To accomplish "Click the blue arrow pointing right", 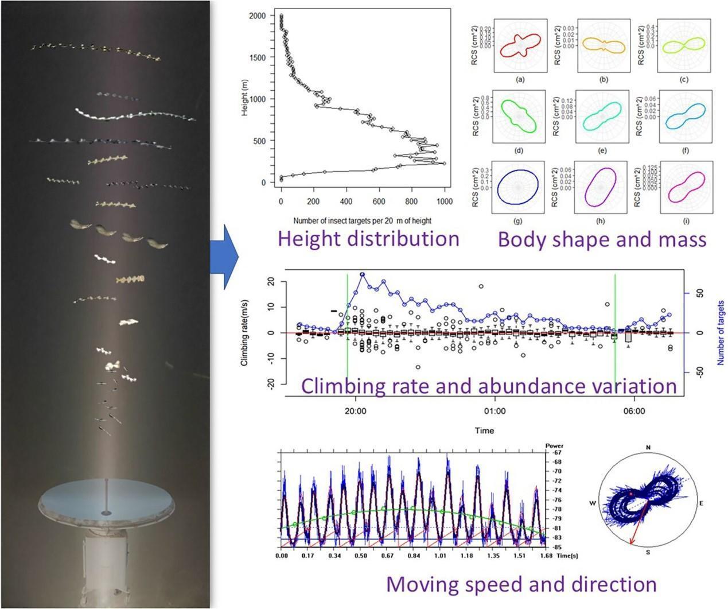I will pyautogui.click(x=228, y=257).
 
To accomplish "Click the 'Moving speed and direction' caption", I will pyautogui.click(x=521, y=584).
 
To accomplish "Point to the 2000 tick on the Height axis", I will pyautogui.click(x=260, y=16).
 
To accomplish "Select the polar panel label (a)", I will pyautogui.click(x=520, y=80).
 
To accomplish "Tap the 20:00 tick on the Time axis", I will pyautogui.click(x=356, y=411).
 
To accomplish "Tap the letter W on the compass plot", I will pyautogui.click(x=593, y=503).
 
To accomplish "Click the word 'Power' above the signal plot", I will pyautogui.click(x=554, y=445).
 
